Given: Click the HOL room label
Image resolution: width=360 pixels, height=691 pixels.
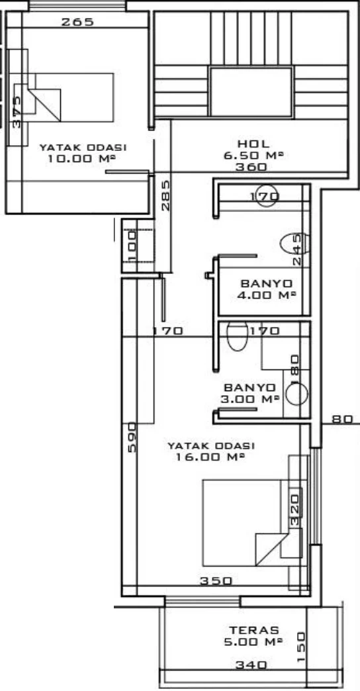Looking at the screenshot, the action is pyautogui.click(x=253, y=144).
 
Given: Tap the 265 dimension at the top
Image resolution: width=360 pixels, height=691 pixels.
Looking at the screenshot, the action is pyautogui.click(x=77, y=22).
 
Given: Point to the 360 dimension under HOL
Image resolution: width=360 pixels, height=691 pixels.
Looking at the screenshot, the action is pyautogui.click(x=251, y=167).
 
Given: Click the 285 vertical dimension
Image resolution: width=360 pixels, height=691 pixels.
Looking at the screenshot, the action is pyautogui.click(x=165, y=195).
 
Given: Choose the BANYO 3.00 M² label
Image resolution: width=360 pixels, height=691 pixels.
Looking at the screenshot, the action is pyautogui.click(x=250, y=393).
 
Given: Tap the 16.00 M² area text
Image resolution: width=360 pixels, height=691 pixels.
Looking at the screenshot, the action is pyautogui.click(x=210, y=457).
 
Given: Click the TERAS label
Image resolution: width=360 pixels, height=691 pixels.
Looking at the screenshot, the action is pyautogui.click(x=254, y=631).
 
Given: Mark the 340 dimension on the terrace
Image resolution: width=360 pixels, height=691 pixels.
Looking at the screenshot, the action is pyautogui.click(x=251, y=665).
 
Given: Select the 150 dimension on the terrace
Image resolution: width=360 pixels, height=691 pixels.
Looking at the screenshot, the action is pyautogui.click(x=301, y=647).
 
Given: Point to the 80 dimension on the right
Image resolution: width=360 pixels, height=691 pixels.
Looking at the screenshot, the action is pyautogui.click(x=342, y=419).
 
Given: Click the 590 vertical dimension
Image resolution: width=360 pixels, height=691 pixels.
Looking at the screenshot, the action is pyautogui.click(x=132, y=437).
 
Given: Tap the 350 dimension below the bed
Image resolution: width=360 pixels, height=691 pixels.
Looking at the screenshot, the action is pyautogui.click(x=216, y=581).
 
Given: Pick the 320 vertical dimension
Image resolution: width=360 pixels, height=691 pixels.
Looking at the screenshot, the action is pyautogui.click(x=295, y=510).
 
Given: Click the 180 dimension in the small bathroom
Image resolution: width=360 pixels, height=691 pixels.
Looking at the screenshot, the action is pyautogui.click(x=294, y=365).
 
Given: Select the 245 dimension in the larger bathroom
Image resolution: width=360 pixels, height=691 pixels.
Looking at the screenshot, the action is pyautogui.click(x=298, y=249).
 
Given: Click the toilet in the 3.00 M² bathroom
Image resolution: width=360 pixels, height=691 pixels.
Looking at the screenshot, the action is pyautogui.click(x=238, y=336).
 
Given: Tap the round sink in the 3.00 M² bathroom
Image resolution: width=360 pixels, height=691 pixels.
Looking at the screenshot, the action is pyautogui.click(x=296, y=393).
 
